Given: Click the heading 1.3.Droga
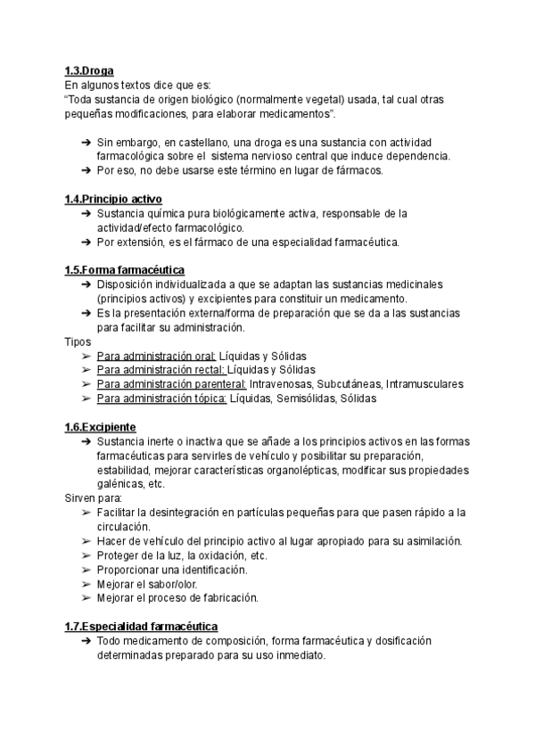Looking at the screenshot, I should click(x=89, y=70).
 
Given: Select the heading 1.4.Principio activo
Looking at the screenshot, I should click(x=113, y=199).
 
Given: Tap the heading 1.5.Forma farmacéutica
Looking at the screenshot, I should click(x=124, y=270).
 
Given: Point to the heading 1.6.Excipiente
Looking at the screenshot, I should click(x=100, y=427).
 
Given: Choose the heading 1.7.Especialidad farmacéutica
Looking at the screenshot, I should click(x=141, y=627).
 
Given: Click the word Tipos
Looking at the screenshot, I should click(x=78, y=341).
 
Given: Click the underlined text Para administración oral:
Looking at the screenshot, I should click(x=156, y=356).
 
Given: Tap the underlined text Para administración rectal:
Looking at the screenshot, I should click(x=160, y=370).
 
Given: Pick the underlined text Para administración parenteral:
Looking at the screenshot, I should click(x=171, y=384).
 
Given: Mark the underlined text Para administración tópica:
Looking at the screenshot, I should click(x=161, y=399).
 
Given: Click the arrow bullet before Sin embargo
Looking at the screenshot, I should click(x=84, y=142).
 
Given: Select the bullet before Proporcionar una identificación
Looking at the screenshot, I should click(x=85, y=570).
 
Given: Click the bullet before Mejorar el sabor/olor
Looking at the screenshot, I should click(x=85, y=584).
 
